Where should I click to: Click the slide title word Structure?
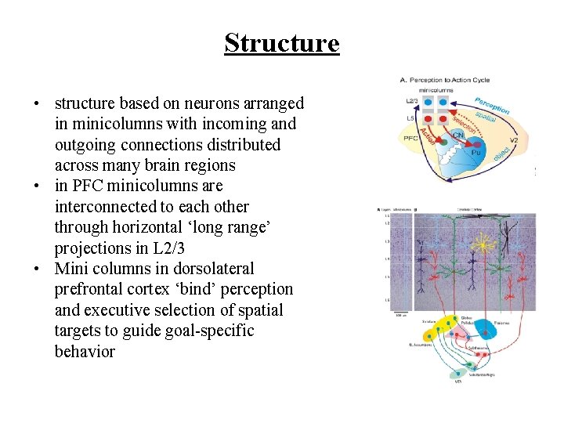pyautogui.click(x=282, y=42)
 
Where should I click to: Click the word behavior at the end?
pyautogui.click(x=85, y=351)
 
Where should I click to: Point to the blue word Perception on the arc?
pyautogui.click(x=492, y=106)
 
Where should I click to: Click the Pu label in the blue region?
pyautogui.click(x=475, y=154)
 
